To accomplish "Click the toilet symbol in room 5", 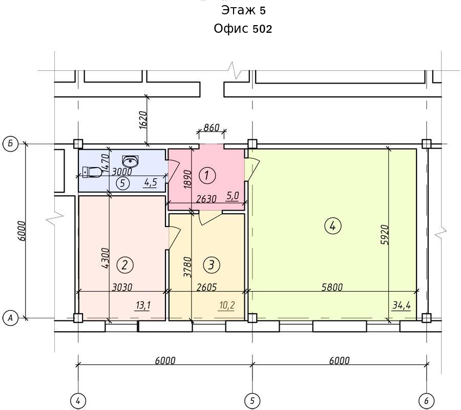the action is [x=92, y=172].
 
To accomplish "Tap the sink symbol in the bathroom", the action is [x=130, y=161].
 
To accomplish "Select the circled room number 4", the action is [x=332, y=226].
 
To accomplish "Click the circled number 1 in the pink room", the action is [x=207, y=176].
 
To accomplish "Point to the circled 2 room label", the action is [x=124, y=265].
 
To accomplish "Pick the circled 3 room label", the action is [x=212, y=265].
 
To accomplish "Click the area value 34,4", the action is [x=401, y=305].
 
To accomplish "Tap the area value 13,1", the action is [x=143, y=305].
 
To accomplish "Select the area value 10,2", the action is [x=227, y=305].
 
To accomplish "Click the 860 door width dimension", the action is [x=212, y=128].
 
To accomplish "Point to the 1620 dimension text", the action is [x=143, y=120].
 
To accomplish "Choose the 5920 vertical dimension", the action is [x=385, y=235].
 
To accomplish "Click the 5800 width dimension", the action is [x=332, y=287].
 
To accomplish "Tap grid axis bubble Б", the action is [x=11, y=144].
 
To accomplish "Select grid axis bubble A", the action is [x=11, y=318].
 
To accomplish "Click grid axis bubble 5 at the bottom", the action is [x=252, y=401].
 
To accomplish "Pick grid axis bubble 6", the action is [x=426, y=401].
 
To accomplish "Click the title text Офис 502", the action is [x=243, y=29].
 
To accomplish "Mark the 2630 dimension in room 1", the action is [x=206, y=199].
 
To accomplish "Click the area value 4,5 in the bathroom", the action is [x=151, y=183].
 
